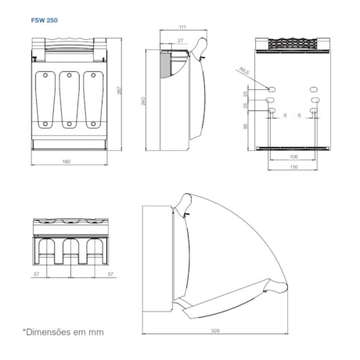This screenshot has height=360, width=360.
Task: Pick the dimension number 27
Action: [181, 41]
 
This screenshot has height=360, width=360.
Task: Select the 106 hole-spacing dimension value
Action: [293, 155]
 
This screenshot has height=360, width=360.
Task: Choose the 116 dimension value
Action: [293, 167]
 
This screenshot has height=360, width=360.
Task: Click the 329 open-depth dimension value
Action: [214, 332]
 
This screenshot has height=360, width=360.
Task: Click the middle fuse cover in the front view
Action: [69, 100]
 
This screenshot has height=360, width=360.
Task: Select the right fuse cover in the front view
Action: [93, 100]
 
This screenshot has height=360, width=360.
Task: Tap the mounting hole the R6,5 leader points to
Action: [271, 86]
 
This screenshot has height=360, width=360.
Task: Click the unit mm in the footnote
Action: [96, 332]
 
